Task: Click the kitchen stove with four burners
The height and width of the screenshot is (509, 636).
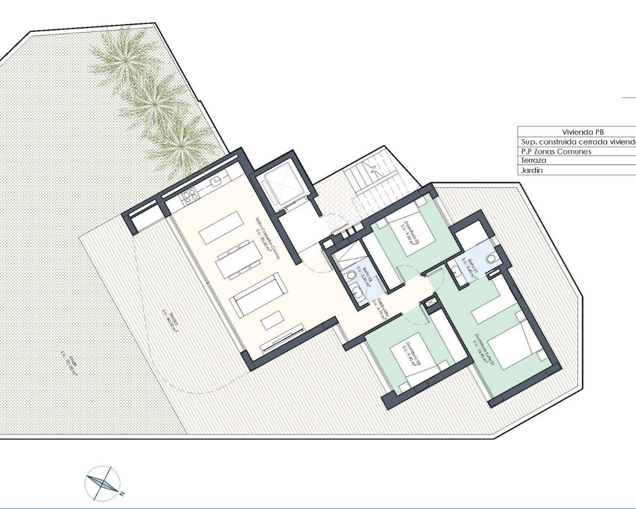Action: [189, 198]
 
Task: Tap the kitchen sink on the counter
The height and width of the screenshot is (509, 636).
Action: [215, 179]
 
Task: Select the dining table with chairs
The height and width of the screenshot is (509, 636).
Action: [239, 258]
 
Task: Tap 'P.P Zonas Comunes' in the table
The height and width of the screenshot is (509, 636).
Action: [556, 151]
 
